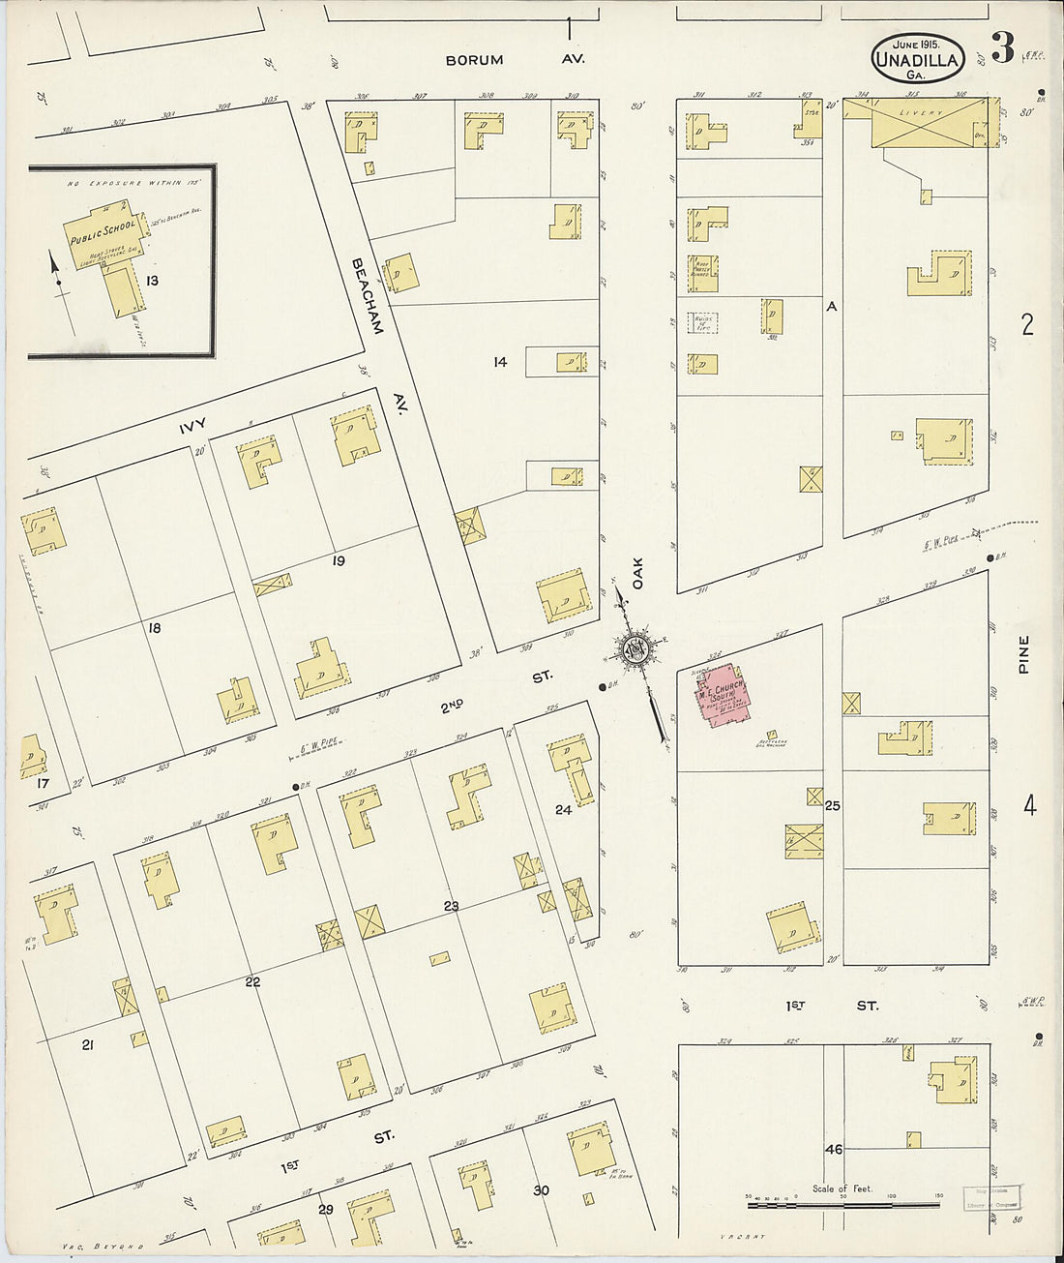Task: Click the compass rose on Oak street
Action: coord(636,650)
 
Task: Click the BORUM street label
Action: coord(474,60)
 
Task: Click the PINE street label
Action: coord(1023,654)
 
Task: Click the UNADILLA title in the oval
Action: coord(915,60)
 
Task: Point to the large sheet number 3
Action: coord(1002,48)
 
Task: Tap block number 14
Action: coord(499,362)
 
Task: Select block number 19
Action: coord(338,561)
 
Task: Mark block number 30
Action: coord(541,1190)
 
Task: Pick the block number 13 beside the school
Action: coord(151,281)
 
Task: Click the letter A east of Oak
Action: coord(830,307)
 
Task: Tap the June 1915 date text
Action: coord(916,45)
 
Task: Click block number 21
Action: coord(87,1044)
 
